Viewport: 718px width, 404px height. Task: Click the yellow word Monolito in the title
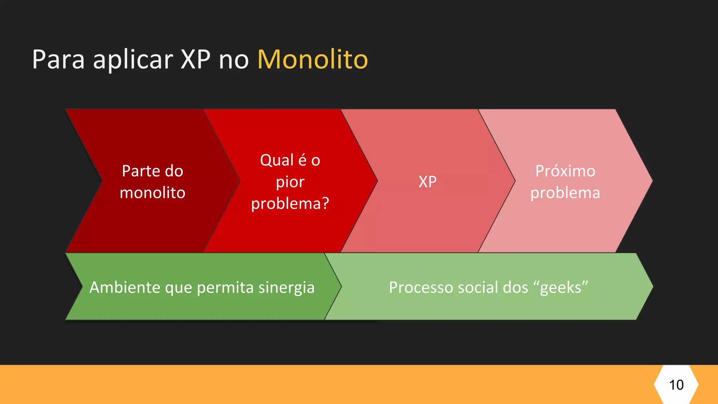(x=312, y=59)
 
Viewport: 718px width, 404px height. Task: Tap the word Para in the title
(x=58, y=59)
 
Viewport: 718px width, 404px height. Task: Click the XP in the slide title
(x=196, y=59)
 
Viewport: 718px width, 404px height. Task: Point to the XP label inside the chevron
(x=427, y=182)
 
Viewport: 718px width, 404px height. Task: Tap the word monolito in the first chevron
(x=153, y=193)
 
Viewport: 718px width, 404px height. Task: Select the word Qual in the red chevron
(x=277, y=160)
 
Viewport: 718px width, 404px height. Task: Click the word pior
(x=290, y=182)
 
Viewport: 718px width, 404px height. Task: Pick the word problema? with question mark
(x=290, y=204)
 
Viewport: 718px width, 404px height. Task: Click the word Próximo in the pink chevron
(x=565, y=171)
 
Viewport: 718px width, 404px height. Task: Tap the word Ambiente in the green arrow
(x=125, y=288)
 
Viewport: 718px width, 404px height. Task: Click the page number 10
(x=676, y=385)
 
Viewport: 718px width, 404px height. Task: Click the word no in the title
(x=233, y=60)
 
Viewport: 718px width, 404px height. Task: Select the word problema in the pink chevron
(x=565, y=193)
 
